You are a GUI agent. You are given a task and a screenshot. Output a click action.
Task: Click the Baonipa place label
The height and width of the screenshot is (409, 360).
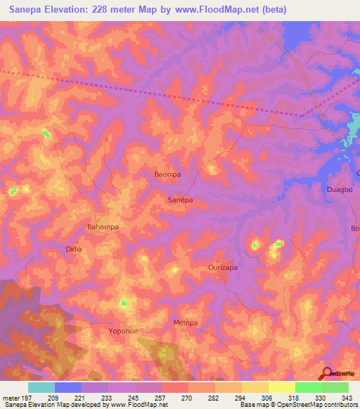[167, 174]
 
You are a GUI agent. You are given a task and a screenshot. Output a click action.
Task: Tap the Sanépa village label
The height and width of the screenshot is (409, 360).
[180, 200]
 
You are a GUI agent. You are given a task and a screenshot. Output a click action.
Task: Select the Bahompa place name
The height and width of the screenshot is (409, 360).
[102, 227]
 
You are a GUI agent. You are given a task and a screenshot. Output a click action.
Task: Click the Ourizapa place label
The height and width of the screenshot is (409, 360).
[226, 268]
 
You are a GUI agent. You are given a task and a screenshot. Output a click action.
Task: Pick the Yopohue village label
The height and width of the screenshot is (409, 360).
[126, 330]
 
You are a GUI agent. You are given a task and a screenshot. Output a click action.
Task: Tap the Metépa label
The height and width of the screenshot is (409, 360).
[186, 322]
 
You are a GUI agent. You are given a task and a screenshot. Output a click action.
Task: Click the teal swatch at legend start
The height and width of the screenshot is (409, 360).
[41, 387]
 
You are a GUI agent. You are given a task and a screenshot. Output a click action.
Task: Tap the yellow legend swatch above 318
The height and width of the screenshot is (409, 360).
[281, 387]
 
